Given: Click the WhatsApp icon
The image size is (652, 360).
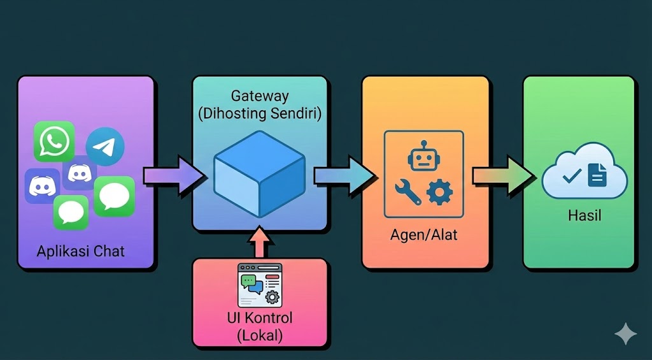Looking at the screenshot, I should [54, 141].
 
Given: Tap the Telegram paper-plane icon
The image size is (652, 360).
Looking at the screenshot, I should [105, 146].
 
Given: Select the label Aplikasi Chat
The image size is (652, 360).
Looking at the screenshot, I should [81, 250].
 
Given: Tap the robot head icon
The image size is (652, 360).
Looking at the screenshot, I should [423, 157].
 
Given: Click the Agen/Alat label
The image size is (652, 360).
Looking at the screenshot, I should [424, 234].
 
